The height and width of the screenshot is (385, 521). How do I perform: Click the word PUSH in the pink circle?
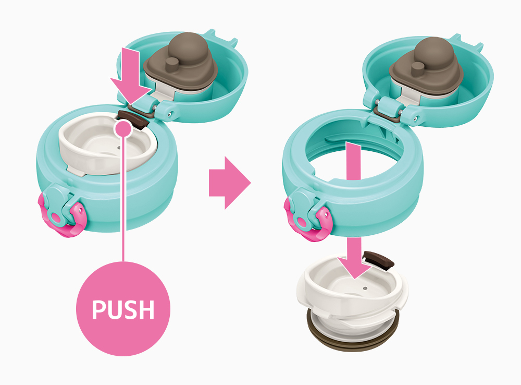123,309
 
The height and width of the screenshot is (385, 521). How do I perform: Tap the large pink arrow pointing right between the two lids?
230,183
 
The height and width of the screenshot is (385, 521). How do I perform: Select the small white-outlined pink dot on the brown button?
123,128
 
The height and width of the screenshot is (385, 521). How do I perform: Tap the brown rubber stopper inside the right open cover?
426,67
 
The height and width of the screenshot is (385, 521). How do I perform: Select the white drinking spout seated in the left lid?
106,143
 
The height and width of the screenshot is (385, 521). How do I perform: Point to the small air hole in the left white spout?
119,148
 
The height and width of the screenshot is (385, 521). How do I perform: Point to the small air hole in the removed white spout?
365,288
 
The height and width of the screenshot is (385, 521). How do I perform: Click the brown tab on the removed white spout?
378,260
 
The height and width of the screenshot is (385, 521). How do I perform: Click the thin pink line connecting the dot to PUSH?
123,200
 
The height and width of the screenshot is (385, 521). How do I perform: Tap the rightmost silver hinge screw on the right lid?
416,117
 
